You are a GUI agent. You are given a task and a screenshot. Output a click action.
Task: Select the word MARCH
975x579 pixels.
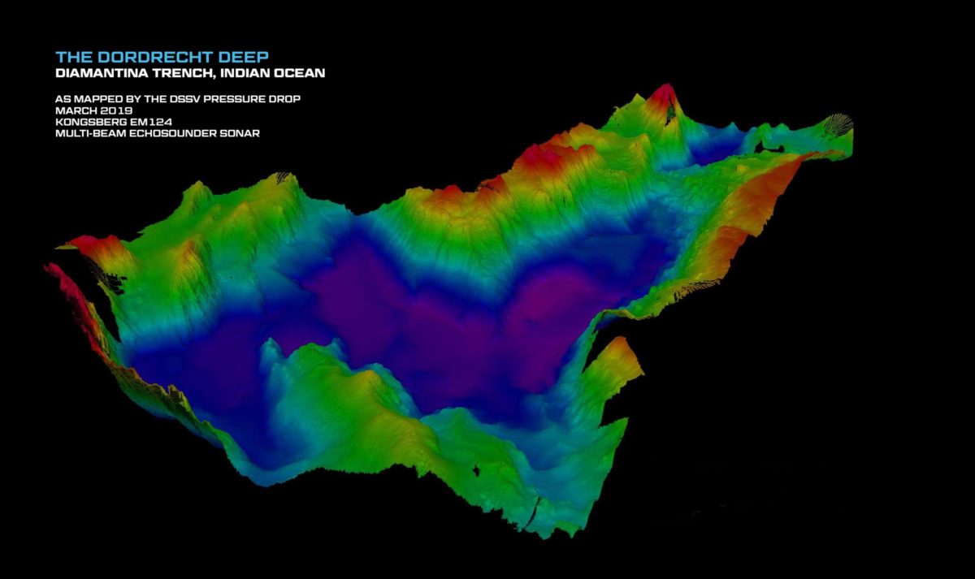[71, 110]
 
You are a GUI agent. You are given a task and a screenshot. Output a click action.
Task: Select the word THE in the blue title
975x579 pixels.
[70, 57]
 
